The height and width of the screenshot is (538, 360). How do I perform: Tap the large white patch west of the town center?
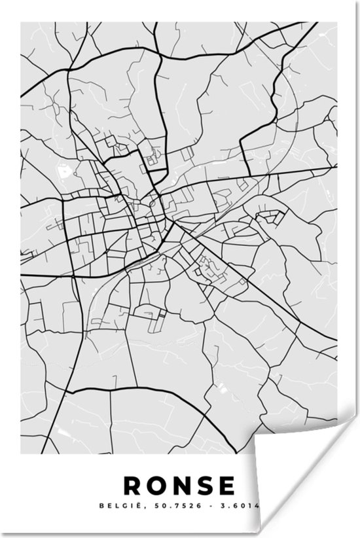coord(65,172)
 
